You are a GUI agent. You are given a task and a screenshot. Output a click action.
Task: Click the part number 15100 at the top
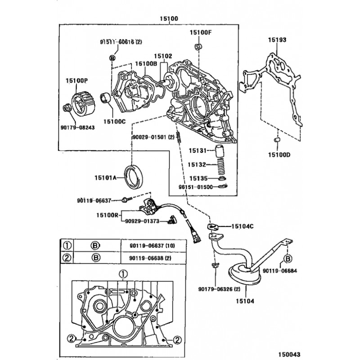pyautogui.click(x=169, y=18)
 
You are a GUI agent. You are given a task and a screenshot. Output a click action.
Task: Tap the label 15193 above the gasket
pyautogui.click(x=277, y=40)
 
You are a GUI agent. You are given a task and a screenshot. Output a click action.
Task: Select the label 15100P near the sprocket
pyautogui.click(x=76, y=80)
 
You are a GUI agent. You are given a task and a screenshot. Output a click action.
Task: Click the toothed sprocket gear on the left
pyautogui.click(x=82, y=104)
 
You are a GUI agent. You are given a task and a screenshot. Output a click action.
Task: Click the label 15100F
pyautogui.click(x=200, y=32)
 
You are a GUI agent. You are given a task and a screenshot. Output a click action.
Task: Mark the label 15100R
pyautogui.click(x=107, y=215)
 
